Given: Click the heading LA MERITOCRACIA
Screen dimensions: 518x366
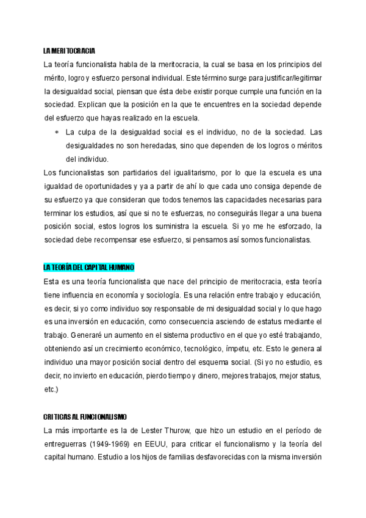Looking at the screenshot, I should point(69,49).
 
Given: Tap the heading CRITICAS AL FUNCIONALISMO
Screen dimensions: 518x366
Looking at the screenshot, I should point(85,417).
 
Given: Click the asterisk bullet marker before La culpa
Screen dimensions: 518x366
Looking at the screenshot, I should point(56,131).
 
